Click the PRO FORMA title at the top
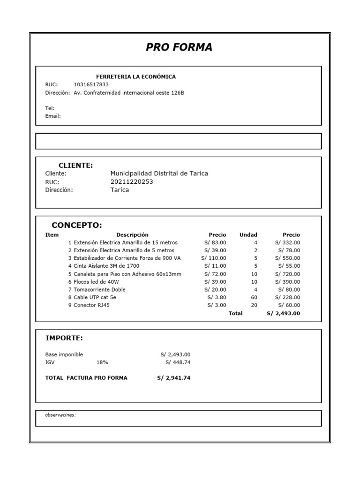coord(179,47)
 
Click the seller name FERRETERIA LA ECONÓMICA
coord(136,76)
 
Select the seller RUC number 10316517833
coord(91,84)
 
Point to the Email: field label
coord(53,116)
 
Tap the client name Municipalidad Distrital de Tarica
coord(159,173)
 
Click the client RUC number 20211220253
coord(132,182)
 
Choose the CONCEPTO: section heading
coord(76,225)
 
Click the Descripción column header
coord(132,235)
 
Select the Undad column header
coord(248,235)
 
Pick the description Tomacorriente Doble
coord(99,290)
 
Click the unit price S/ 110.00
coord(214,258)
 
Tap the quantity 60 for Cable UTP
coord(254,298)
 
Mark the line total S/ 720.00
coord(288,274)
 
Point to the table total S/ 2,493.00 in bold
coord(283,313)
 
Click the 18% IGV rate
coord(102,362)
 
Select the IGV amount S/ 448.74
coord(178,362)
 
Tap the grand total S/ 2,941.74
coord(174,378)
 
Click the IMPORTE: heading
coord(64,338)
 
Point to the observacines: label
coord(60,415)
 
